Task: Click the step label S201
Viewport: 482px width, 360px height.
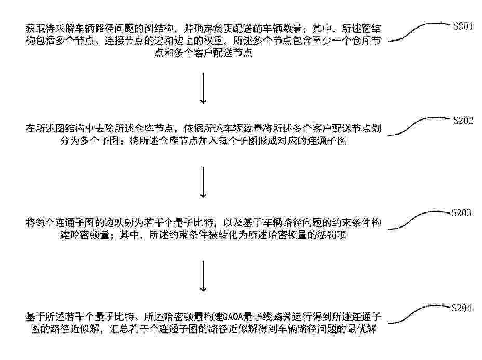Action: point(463,26)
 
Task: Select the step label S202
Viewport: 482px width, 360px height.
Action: point(463,121)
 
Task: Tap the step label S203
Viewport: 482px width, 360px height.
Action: point(461,213)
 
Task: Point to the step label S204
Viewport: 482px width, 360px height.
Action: point(461,308)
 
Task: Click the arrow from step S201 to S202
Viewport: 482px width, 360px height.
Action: point(203,88)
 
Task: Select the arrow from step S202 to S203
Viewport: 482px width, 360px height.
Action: point(203,182)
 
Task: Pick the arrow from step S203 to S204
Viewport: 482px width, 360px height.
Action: point(203,276)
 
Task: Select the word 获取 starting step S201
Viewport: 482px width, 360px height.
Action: point(35,29)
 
